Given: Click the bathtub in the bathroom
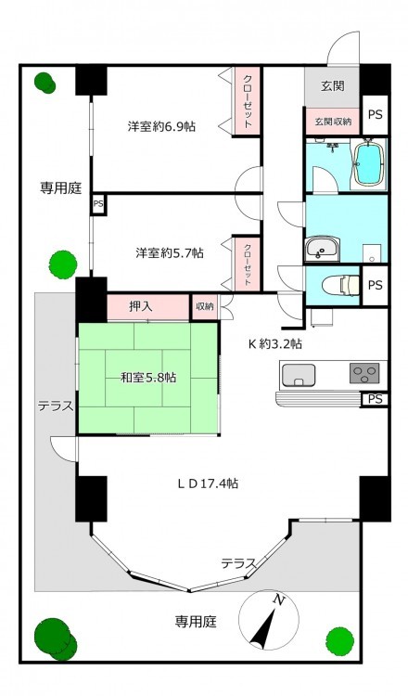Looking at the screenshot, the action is point(368,164).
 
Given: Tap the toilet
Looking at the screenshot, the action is point(340,285).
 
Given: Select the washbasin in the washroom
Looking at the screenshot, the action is point(323,249).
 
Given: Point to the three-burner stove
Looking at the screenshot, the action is point(364,373).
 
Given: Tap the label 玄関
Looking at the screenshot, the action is point(333,85).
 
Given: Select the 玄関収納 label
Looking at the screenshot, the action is point(333,121).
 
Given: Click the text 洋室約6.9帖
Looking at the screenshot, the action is point(161,126).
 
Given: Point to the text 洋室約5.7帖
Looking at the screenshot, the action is point(170,253).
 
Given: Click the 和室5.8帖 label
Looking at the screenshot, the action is point(148,378).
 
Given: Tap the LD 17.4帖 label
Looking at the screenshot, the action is point(208,483).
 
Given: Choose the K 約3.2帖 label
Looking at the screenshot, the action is point(275,343).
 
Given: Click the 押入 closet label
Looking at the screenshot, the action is point(141,307).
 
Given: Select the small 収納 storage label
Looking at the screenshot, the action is point(204,306).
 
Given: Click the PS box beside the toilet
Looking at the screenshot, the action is point(376,286).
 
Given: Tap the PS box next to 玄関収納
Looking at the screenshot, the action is point(376,114).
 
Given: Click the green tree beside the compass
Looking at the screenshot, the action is point(340,639).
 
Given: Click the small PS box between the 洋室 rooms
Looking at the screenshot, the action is point(98,205).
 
